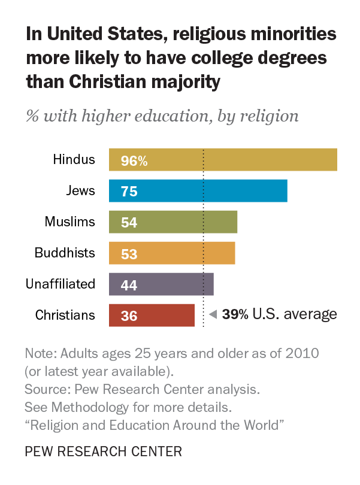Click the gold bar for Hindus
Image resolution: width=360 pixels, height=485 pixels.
223,160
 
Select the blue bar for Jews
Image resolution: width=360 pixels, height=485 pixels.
198,191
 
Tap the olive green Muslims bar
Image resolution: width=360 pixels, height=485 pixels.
173,222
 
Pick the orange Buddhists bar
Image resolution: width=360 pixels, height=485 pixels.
172,253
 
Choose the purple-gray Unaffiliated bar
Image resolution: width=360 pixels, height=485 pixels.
161,284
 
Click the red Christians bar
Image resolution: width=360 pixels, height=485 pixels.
152,316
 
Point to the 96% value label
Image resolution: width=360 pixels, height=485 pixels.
134,160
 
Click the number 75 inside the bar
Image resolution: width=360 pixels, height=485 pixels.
129,192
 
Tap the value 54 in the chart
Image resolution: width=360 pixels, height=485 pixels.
129,223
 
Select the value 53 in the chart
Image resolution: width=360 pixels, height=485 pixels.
129,254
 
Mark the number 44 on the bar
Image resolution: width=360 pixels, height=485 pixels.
129,285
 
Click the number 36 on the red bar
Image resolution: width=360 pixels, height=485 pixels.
129,316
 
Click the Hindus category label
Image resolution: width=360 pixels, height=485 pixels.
74,159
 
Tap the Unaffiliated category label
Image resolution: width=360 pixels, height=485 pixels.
60,284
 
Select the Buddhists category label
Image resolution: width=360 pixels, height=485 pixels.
65,253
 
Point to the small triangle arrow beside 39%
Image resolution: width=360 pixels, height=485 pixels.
213,314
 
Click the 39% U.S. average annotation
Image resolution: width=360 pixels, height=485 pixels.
279,314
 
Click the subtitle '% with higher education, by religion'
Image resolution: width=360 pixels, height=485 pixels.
162,115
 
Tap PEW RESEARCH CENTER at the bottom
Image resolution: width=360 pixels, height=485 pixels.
104,450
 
